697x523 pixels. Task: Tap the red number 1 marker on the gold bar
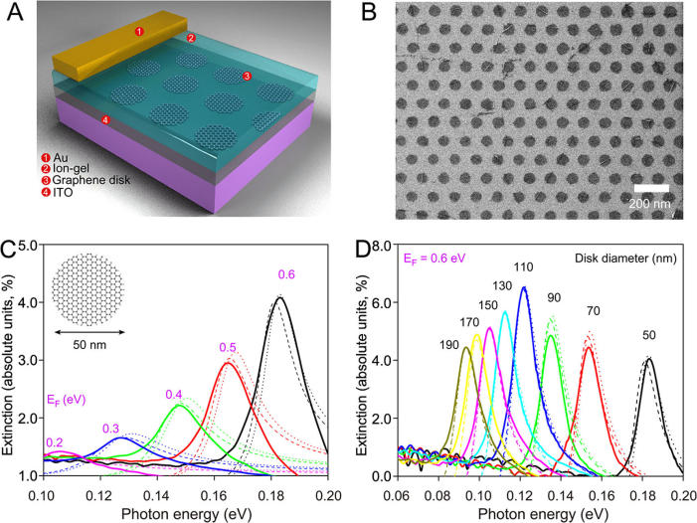[139, 33]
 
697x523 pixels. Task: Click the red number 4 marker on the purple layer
[106, 120]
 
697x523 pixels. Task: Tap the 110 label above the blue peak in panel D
[524, 268]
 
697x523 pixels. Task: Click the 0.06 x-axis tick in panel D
[397, 494]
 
